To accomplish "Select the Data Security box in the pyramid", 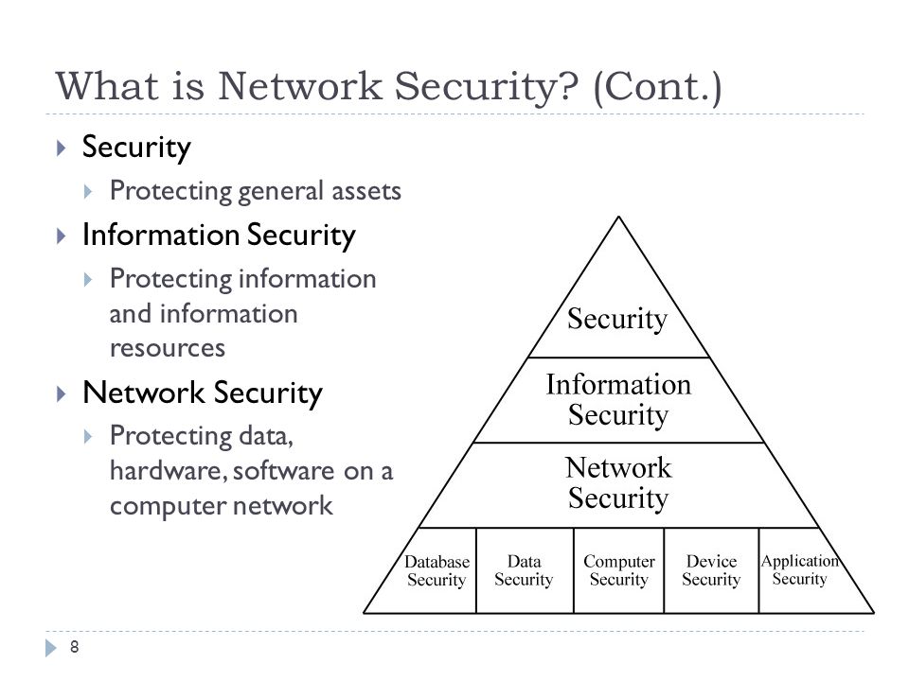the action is (525, 570).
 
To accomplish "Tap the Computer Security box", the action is (618, 570).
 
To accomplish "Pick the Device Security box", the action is (711, 570).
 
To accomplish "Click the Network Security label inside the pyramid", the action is (618, 482).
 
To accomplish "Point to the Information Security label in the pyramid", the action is (618, 399).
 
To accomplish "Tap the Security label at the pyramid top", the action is (617, 319).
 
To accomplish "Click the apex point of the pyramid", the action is (618, 217).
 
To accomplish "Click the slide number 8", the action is (74, 647).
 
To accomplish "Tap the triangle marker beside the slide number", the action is (51, 648).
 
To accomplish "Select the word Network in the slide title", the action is (300, 86).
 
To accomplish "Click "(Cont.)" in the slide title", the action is (658, 87).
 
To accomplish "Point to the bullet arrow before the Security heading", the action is (62, 148).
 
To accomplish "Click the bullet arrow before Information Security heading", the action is (62, 236).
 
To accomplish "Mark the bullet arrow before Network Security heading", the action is (62, 394).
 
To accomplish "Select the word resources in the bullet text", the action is (168, 349).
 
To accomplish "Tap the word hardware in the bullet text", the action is (168, 470).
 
